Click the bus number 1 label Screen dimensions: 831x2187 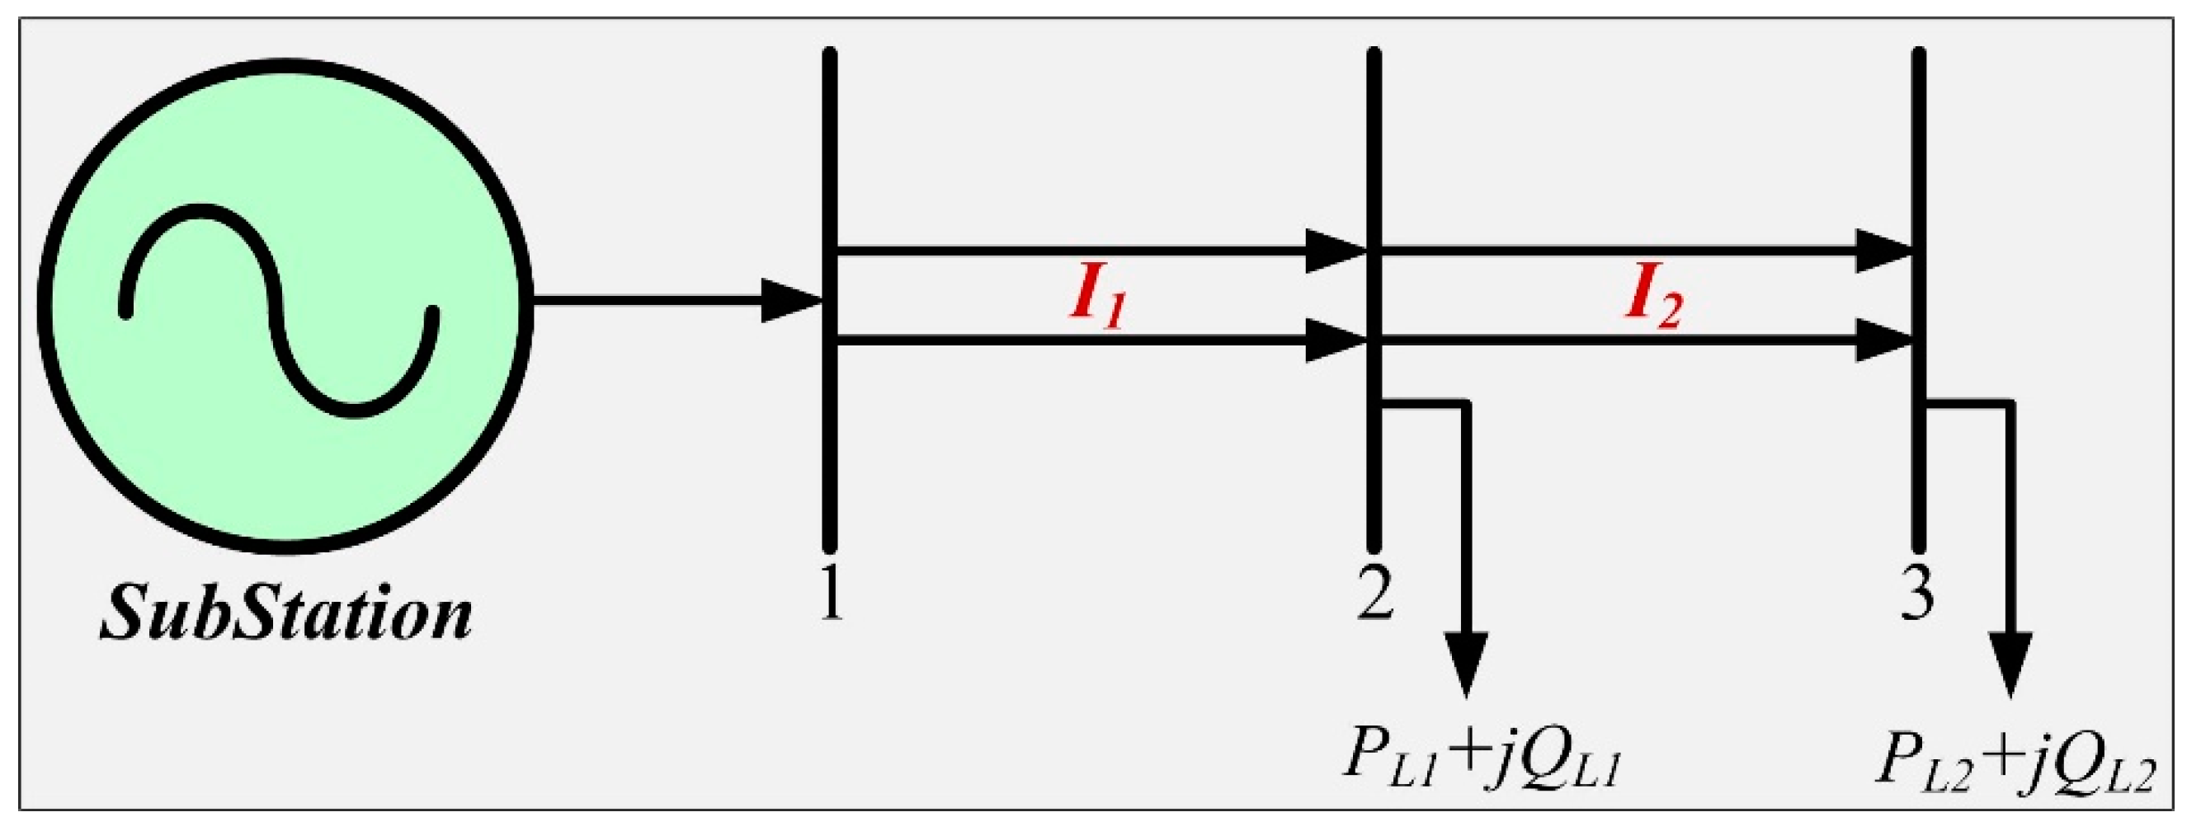[x=832, y=594]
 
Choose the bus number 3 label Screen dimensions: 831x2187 [x=1917, y=594]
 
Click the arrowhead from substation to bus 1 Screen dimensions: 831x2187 [x=789, y=300]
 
